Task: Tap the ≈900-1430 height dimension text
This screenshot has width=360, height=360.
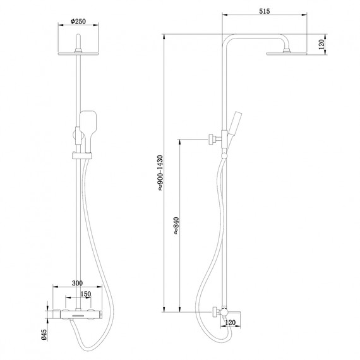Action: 161,171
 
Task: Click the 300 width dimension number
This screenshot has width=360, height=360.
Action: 78,283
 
